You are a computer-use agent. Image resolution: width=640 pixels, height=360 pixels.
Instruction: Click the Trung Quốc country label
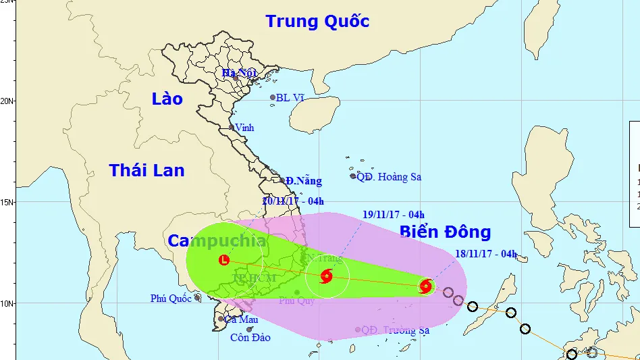pos(317,21)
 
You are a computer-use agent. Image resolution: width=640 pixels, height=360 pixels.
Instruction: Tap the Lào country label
pos(167,99)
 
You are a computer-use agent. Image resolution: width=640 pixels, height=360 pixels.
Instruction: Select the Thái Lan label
pos(147,170)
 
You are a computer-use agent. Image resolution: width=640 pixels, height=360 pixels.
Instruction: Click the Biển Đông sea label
pos(445,232)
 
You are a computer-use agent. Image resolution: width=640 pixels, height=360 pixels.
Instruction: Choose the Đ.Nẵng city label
pos(303,181)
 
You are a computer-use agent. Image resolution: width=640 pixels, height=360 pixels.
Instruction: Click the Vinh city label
pos(246,127)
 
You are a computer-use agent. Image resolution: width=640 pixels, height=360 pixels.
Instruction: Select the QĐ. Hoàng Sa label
pos(389,177)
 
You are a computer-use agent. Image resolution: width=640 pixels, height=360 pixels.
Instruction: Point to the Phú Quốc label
pos(171,299)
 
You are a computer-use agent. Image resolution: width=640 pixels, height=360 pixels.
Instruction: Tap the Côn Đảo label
pos(250,338)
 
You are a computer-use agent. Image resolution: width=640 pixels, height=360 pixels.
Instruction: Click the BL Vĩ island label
pos(290,98)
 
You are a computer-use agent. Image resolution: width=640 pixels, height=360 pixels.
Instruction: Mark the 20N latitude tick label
pos(7,101)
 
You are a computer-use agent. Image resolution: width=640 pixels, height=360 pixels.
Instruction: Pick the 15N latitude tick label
pos(7,202)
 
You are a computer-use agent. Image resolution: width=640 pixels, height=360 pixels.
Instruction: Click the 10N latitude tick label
pos(7,303)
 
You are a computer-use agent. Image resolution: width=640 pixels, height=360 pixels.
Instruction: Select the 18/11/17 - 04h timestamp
pos(486,255)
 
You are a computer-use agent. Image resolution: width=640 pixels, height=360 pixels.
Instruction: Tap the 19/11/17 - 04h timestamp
pos(394,215)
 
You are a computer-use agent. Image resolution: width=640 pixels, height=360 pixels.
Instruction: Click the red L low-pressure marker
pos(224,260)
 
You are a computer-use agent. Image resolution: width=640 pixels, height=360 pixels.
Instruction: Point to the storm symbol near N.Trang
pos(327,276)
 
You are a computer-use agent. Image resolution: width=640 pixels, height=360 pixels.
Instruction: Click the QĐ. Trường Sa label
pos(396,330)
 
